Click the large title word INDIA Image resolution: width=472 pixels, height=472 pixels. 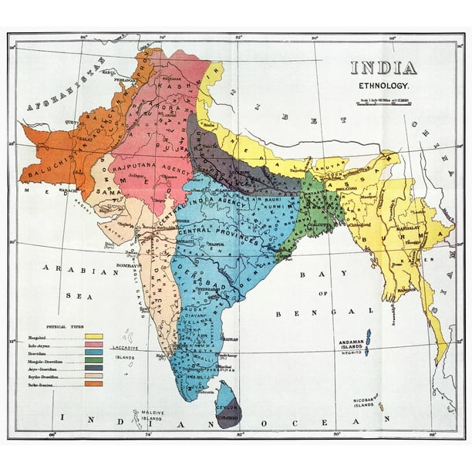tap(383, 68)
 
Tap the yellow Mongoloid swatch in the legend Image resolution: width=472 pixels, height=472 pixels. tap(95, 336)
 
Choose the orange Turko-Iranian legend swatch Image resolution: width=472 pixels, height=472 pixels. tap(95, 383)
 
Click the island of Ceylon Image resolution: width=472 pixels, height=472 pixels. tap(228, 406)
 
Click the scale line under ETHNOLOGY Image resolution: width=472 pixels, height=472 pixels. tap(383, 103)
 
